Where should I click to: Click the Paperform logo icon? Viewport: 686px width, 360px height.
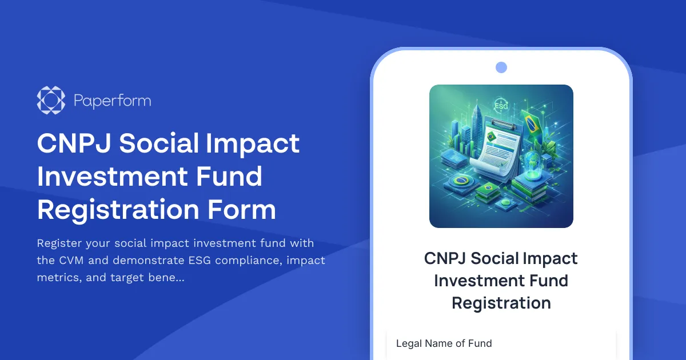51,101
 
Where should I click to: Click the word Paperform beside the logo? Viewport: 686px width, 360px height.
113,101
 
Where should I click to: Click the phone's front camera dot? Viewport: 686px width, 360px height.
501,67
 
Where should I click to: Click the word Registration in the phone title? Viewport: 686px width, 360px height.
501,303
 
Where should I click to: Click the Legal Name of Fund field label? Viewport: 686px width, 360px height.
444,343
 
